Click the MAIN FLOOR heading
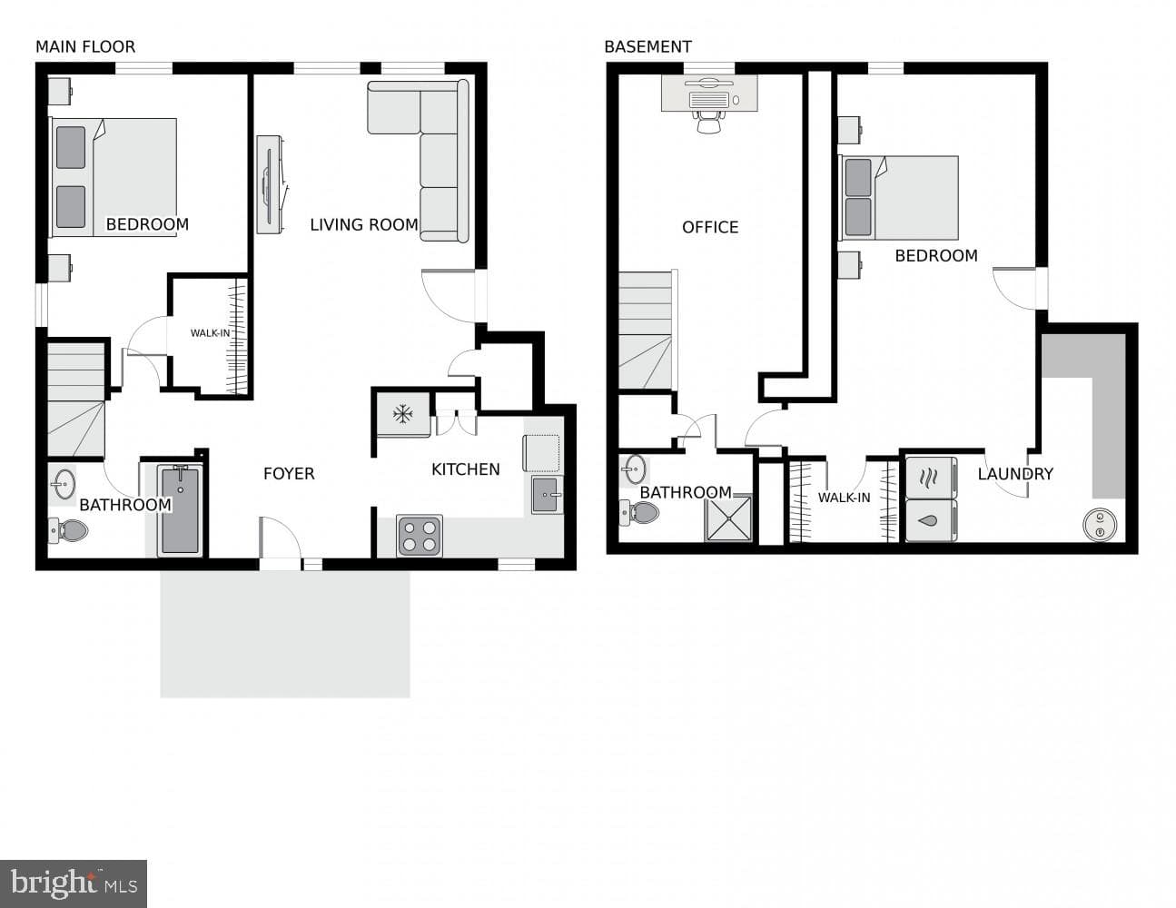(85, 47)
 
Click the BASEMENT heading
(647, 47)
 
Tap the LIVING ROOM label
(363, 224)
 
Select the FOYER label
(289, 473)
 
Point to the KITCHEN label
(466, 469)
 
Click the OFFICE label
(710, 227)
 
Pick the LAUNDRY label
(1015, 474)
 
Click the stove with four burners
(420, 535)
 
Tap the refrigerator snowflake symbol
(402, 414)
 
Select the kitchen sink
(548, 495)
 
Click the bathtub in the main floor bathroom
(180, 510)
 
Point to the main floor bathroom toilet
(68, 530)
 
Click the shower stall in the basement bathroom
(728, 518)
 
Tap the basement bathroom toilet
(639, 512)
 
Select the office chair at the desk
(709, 122)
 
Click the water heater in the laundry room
(1100, 524)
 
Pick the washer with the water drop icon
(931, 520)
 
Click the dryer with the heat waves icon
(931, 478)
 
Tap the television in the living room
(269, 184)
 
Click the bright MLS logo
(74, 883)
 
